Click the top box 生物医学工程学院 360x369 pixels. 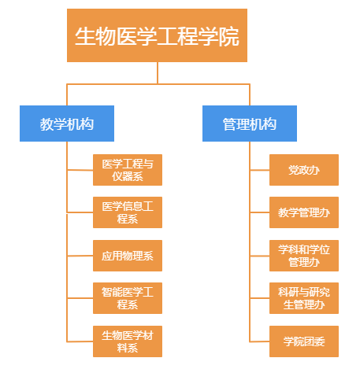157,35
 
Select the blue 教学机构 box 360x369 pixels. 67,124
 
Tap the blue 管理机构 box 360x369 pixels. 250,124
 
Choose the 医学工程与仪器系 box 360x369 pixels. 128,170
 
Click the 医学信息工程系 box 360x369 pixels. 128,212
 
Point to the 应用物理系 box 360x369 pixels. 128,256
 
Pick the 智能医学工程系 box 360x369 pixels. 128,298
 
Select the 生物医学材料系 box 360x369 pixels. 128,341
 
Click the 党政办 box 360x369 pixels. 304,170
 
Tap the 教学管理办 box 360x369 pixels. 304,212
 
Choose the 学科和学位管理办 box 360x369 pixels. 304,256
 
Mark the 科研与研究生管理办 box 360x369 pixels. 304,298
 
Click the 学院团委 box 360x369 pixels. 304,341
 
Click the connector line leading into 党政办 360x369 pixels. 260,170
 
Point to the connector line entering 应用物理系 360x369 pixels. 80,256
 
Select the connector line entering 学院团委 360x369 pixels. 260,341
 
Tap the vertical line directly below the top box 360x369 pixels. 158,73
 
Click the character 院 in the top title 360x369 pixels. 228,36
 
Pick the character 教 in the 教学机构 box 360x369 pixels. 46,124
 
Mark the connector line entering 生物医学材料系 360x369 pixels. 80,341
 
